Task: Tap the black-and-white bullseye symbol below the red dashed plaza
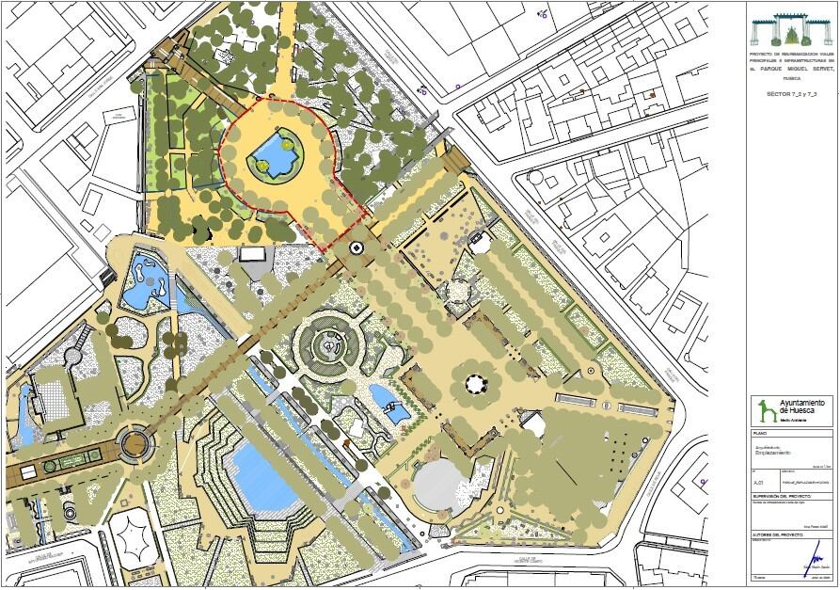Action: [357, 247]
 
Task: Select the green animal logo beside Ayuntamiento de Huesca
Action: [766, 411]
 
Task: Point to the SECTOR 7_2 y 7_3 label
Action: [791, 96]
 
